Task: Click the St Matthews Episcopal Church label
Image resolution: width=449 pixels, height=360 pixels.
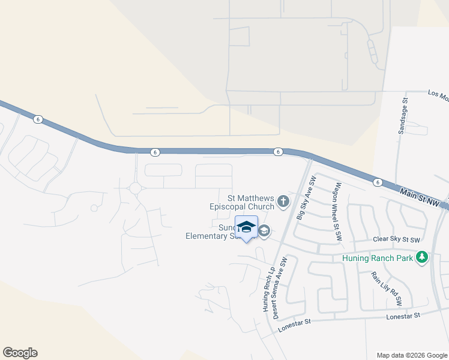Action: point(250,202)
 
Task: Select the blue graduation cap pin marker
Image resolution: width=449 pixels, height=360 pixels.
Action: point(246,227)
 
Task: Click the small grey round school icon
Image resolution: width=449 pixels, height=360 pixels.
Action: point(264,231)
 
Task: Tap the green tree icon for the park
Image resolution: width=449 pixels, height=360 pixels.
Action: point(423,257)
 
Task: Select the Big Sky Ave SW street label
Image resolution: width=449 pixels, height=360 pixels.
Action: point(304,198)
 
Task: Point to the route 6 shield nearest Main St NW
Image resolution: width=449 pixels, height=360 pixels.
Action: point(377,182)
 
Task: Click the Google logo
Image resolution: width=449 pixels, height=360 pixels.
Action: point(20,353)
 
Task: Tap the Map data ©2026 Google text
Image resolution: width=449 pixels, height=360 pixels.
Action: point(411,355)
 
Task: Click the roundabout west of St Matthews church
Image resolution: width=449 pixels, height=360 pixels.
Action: point(135,188)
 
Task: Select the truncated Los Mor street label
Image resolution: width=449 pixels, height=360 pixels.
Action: point(438,94)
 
